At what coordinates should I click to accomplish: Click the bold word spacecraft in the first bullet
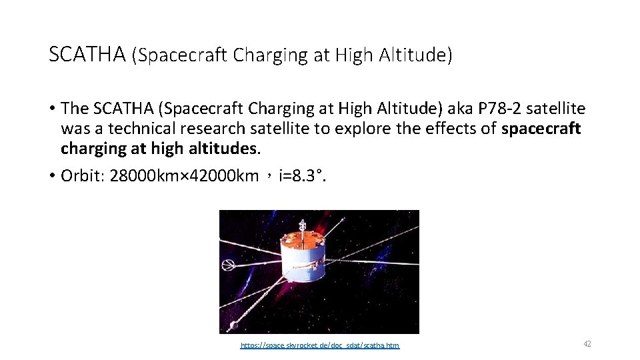coord(541,129)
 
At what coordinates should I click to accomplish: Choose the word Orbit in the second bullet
coord(80,176)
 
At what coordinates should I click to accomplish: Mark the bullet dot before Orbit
coord(51,176)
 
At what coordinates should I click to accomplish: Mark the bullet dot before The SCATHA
coord(51,108)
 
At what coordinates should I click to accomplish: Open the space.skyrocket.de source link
coord(320,345)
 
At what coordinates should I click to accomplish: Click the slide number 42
coord(587,343)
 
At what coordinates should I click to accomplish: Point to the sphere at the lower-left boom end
coord(233,326)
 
